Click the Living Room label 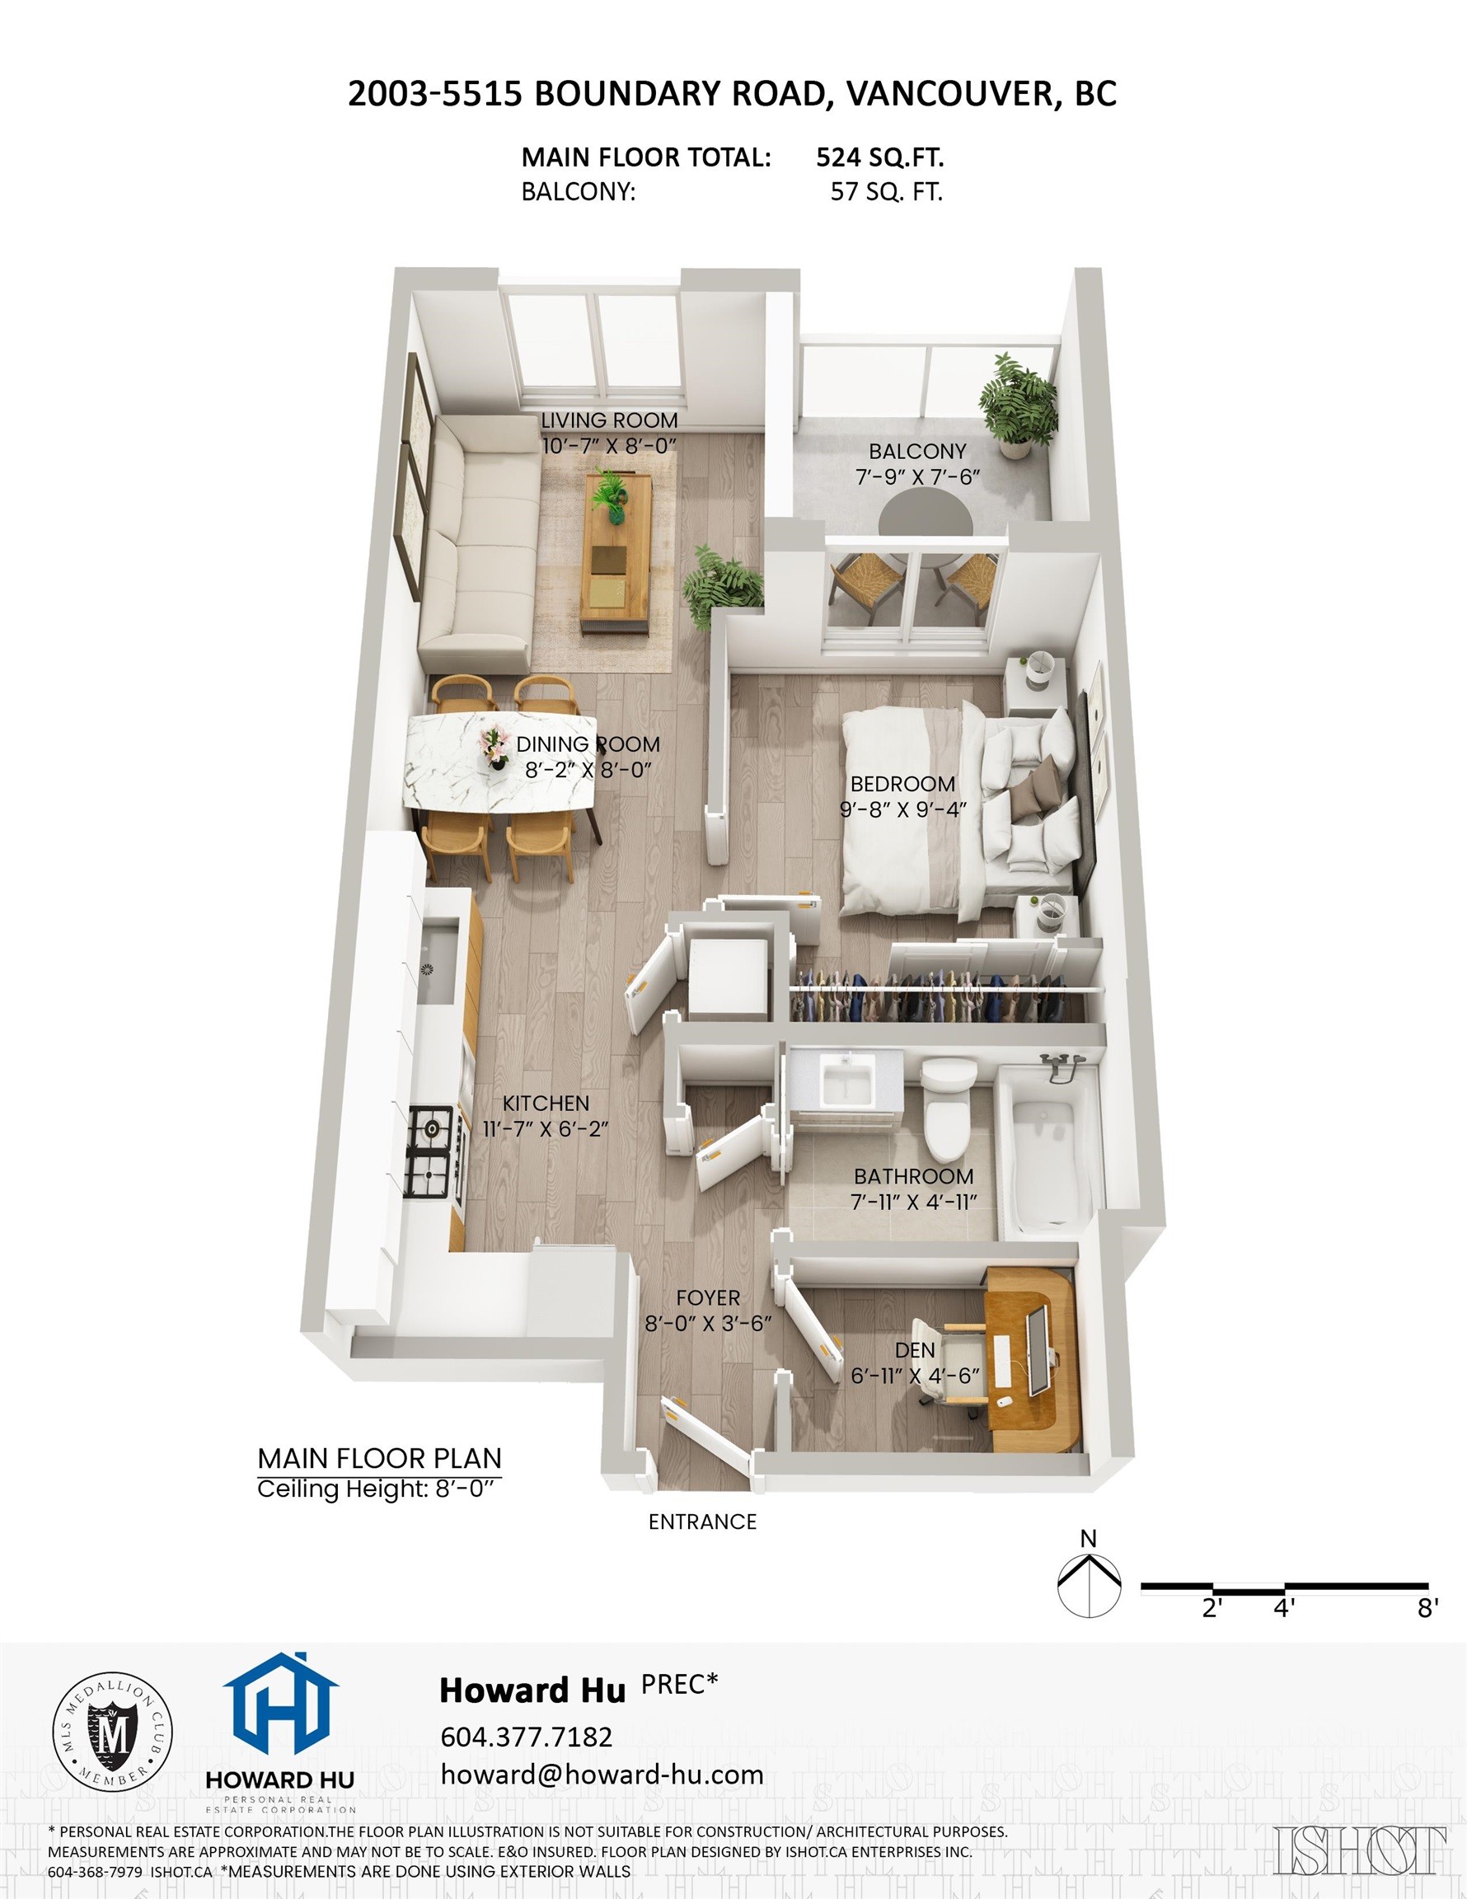tap(609, 421)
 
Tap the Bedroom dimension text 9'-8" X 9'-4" tap(902, 809)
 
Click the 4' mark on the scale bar tap(1283, 1608)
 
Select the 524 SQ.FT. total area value tap(879, 157)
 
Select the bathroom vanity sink tap(848, 1080)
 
